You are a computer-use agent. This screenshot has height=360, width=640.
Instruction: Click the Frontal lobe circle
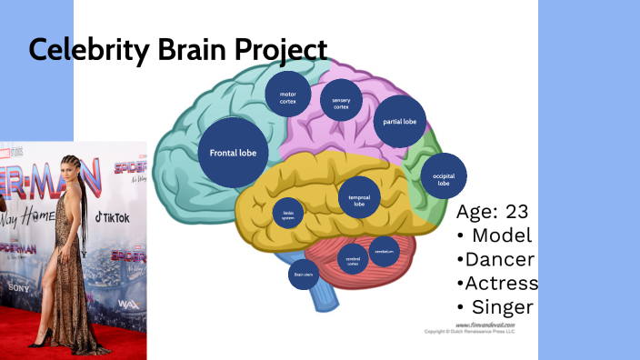[x=233, y=153]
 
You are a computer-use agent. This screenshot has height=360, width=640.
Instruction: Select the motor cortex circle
[x=288, y=96]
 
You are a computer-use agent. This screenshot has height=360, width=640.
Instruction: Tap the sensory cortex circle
[x=341, y=104]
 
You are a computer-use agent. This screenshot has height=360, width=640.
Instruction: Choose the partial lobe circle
[x=399, y=121]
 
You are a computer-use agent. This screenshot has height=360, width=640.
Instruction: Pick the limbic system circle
[x=289, y=215]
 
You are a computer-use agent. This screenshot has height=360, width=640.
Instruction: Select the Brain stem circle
[x=302, y=272]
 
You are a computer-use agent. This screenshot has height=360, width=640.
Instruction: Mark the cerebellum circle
[x=384, y=251]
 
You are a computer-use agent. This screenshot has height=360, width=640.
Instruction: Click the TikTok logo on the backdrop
[x=111, y=218]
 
